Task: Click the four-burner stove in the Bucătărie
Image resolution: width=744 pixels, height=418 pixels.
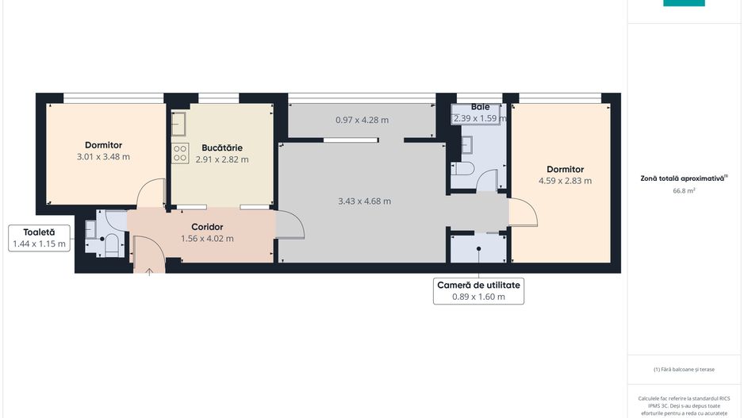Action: click(x=180, y=153)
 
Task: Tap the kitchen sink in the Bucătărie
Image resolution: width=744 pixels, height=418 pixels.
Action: click(x=179, y=124)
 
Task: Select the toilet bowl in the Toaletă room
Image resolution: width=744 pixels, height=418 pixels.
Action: click(x=112, y=244)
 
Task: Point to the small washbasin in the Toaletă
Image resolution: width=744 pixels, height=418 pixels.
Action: click(x=90, y=230)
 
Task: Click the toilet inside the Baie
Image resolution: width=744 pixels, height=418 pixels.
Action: click(x=463, y=169)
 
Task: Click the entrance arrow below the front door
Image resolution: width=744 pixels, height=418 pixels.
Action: click(x=149, y=271)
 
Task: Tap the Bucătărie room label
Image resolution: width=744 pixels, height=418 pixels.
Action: click(x=222, y=148)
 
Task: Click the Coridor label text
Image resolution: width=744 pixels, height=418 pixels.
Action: click(x=207, y=227)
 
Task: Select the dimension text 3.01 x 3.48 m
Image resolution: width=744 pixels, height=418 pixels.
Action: click(x=103, y=157)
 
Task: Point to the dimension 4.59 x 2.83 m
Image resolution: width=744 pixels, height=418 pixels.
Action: click(x=565, y=181)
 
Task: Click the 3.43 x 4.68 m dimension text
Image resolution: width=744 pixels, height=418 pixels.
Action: click(x=364, y=201)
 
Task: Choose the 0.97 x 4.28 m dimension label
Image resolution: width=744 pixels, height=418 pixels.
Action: click(x=362, y=121)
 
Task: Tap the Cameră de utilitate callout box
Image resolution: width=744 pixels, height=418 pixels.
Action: click(x=478, y=291)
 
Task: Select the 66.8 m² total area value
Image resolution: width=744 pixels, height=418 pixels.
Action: click(x=684, y=191)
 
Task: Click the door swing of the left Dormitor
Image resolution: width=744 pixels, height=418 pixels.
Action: click(x=151, y=193)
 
